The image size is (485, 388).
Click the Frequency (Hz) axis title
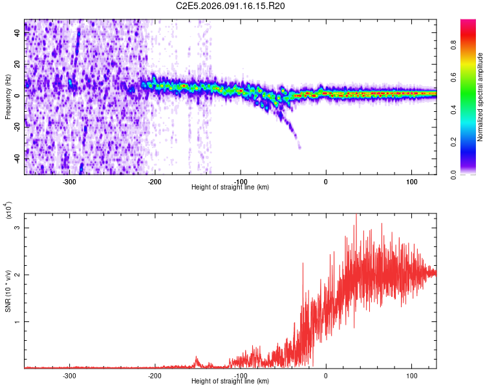8,98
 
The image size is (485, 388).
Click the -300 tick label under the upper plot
69,181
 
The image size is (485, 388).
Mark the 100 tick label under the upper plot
411,181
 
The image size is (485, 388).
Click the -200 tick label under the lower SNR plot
155,374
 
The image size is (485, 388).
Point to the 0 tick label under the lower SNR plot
326,374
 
